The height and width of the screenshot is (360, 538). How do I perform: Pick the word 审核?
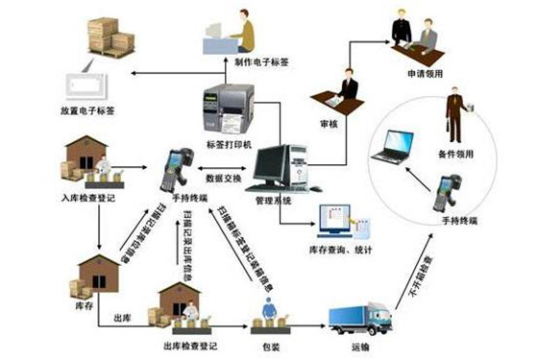point(332,124)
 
